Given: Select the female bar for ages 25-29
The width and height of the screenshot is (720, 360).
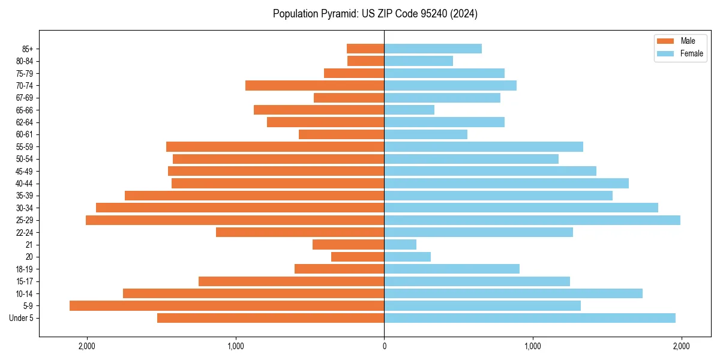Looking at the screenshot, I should coord(532,220).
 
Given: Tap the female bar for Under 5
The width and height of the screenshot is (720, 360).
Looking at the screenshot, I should coord(530,318).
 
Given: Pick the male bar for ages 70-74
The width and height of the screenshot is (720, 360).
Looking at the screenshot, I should coord(315,86).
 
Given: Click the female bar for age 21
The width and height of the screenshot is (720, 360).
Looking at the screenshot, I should coord(400,245).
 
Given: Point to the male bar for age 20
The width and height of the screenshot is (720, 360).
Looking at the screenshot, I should coord(358,257).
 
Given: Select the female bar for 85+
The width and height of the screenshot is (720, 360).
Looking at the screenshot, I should coord(433,49).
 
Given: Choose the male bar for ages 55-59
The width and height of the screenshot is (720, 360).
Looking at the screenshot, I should coord(275,147).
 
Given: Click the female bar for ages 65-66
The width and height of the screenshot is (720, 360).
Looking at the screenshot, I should coord(409,110).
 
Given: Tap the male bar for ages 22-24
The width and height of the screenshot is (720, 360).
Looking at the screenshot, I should coord(300,232).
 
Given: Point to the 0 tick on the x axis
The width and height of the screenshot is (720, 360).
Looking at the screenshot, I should coord(384,346).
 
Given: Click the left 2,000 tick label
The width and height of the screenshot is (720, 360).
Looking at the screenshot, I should coord(87,346).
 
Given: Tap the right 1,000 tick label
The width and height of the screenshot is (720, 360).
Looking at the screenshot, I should coord(533,346).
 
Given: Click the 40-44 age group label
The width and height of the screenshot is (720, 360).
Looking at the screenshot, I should coord(25,184).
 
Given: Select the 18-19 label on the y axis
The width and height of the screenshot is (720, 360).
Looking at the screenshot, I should coord(25,269).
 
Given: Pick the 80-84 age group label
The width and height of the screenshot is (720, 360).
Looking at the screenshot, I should coord(25,61).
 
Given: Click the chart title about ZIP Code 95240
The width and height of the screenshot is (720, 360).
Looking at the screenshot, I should coord(375,14).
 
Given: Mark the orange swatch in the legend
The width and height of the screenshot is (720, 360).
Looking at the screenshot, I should coord(666,41).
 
